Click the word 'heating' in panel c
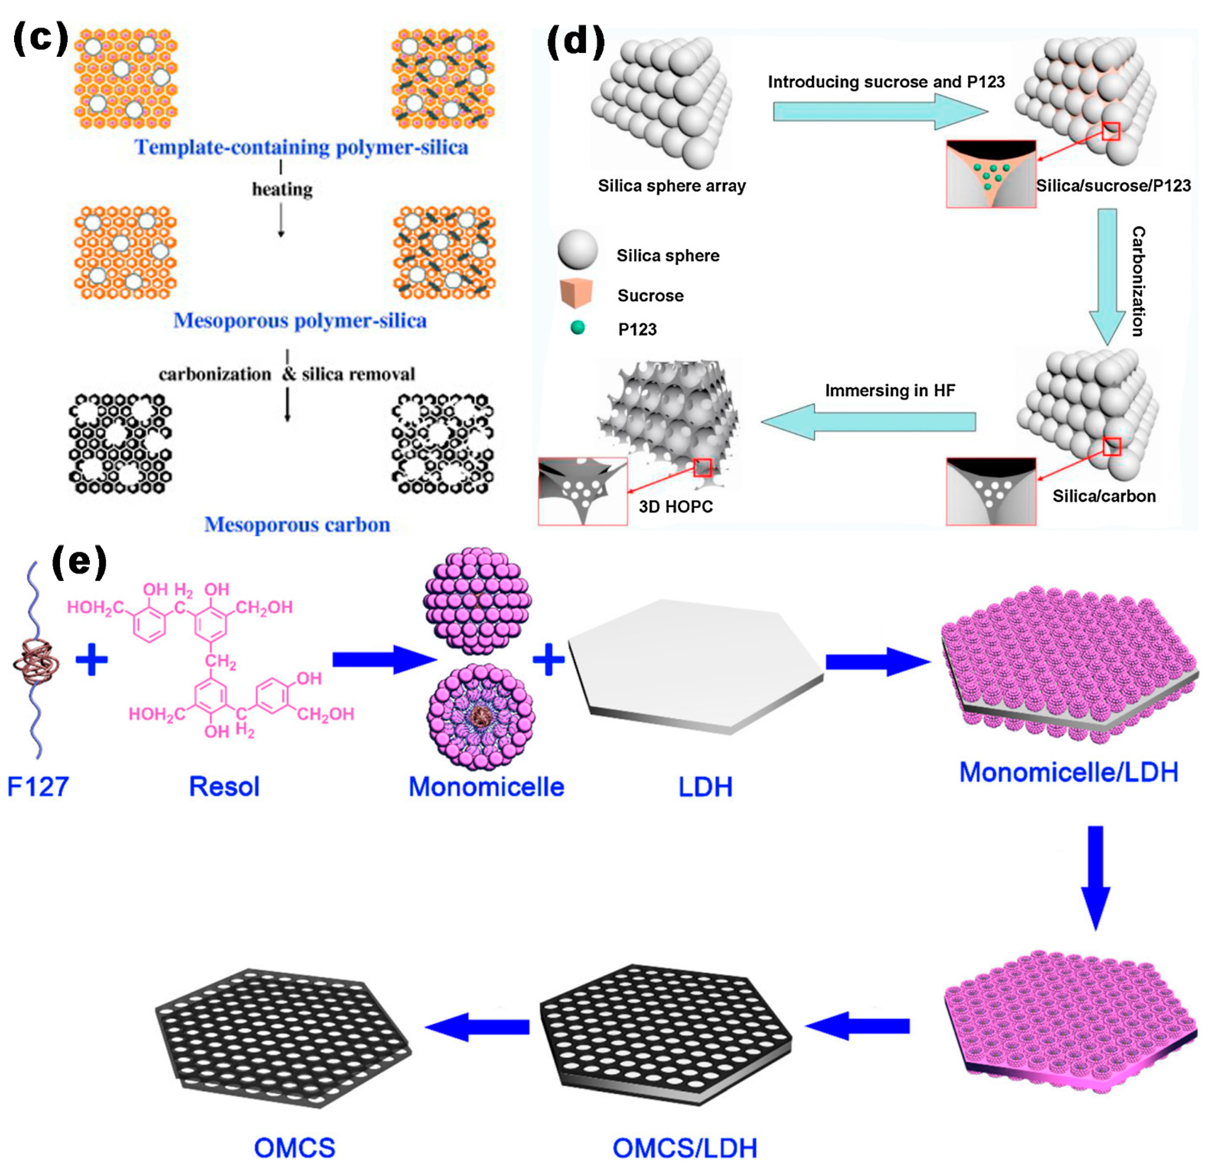click(282, 189)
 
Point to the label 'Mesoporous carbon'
click(297, 525)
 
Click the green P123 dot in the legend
click(578, 328)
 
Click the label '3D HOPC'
click(676, 507)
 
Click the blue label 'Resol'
click(224, 787)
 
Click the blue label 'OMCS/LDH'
click(685, 1148)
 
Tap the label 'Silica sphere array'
click(671, 186)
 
